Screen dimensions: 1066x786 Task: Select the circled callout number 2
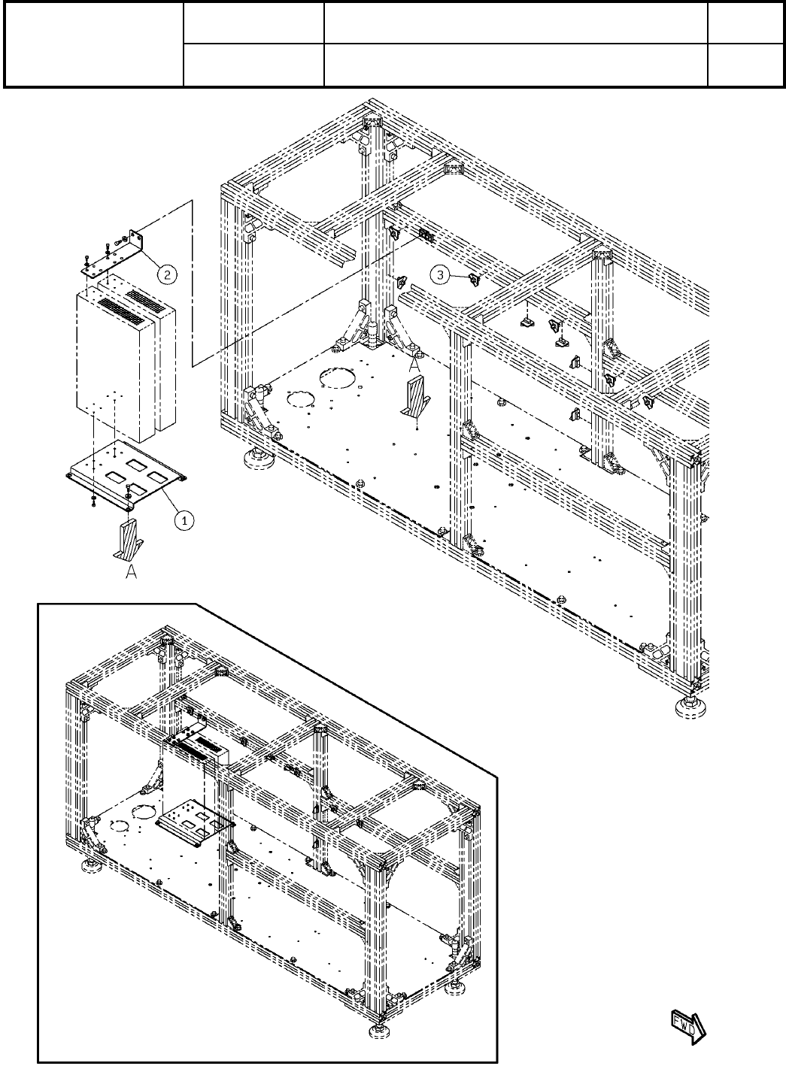pos(167,274)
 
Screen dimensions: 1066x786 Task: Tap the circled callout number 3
pos(442,276)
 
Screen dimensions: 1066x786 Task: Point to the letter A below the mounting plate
pos(131,572)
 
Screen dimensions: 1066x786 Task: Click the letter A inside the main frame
pos(413,365)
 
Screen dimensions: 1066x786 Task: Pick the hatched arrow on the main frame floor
pos(413,398)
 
